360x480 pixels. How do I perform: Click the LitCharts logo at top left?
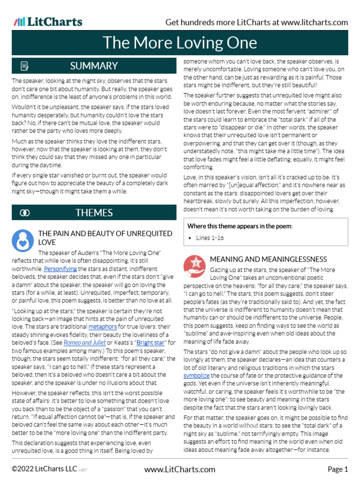pos(48,22)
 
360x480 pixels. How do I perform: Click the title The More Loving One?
pos(180,43)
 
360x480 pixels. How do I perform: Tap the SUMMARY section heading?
pos(94,66)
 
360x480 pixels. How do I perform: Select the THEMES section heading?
pos(94,213)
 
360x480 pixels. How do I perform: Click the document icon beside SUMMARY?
pos(25,66)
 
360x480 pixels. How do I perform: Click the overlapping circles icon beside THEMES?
pos(25,213)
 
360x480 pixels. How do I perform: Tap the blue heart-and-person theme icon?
pos(22,240)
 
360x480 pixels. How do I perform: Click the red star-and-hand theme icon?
pos(193,265)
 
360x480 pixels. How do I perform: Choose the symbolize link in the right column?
pos(196,376)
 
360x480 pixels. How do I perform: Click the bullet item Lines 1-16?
pos(210,238)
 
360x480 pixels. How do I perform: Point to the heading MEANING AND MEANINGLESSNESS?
pos(268,259)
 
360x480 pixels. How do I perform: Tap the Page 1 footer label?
pos(337,469)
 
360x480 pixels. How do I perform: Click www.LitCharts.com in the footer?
pos(180,469)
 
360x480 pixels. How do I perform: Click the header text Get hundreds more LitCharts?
pos(257,22)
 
